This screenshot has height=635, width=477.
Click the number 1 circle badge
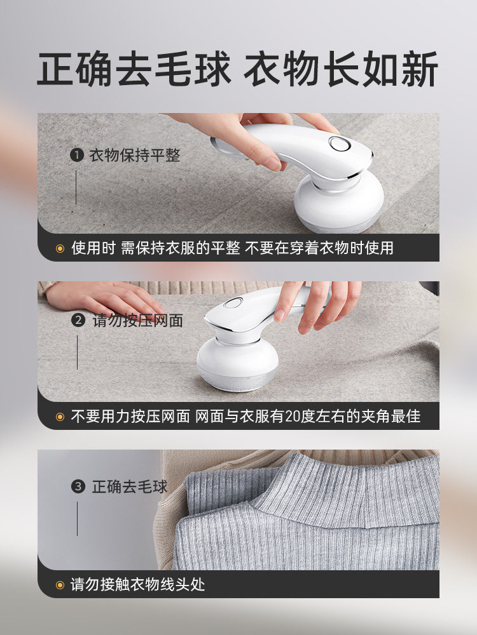77,155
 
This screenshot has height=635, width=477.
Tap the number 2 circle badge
78,320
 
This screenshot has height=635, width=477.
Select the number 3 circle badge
78,486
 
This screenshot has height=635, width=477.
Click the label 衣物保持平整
135,155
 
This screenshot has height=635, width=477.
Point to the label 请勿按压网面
138,320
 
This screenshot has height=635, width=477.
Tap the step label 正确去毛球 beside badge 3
130,486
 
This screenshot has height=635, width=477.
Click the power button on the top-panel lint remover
340,144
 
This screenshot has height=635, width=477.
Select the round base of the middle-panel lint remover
237,364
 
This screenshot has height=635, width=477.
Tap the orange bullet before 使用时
60,248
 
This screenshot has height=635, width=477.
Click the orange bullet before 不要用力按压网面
60,417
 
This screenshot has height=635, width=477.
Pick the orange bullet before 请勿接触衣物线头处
60,585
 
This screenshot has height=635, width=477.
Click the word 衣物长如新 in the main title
341,69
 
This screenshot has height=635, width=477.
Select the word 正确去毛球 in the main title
134,69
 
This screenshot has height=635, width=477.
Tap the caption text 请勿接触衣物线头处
138,584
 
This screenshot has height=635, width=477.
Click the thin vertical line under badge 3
78,519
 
